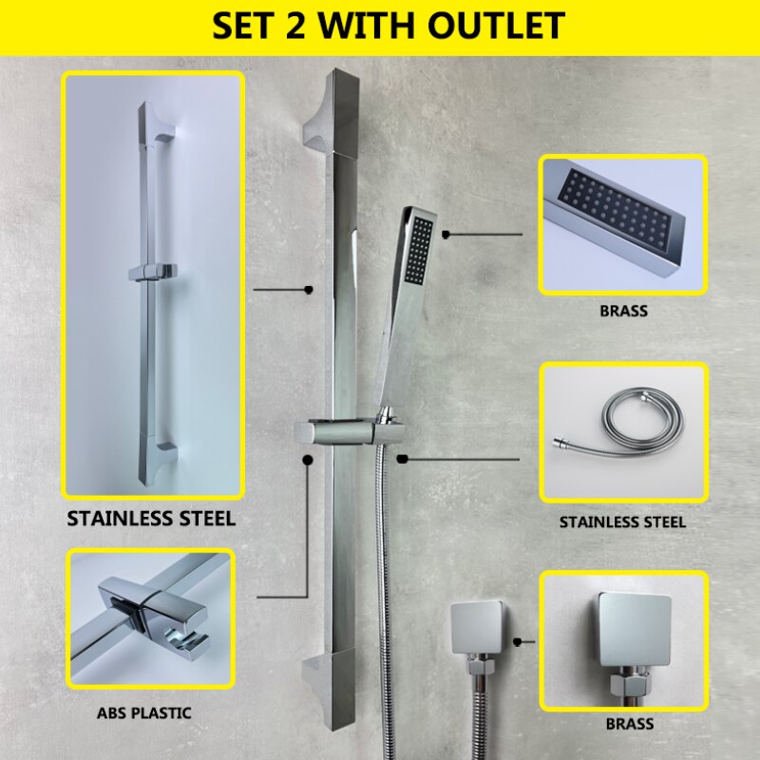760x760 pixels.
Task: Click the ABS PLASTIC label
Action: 143,712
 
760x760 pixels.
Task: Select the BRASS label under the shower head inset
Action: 623,311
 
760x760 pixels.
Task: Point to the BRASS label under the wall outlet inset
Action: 629,724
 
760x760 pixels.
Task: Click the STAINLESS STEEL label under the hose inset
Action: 622,522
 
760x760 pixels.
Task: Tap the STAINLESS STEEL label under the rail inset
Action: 151,519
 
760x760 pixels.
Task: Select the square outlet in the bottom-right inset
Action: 634,629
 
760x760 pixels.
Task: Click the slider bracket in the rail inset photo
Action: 151,272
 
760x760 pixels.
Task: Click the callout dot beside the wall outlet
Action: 517,643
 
